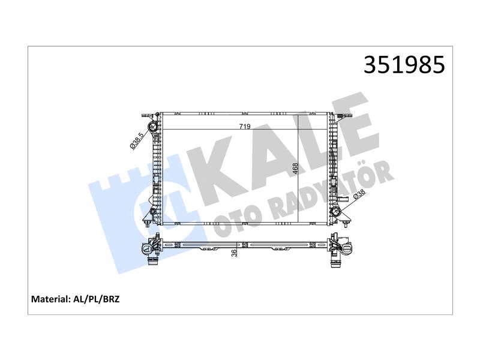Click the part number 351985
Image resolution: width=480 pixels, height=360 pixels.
coord(404,65)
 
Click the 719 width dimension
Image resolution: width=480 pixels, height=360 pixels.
coord(245,127)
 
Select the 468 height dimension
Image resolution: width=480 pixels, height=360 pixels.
coord(295,169)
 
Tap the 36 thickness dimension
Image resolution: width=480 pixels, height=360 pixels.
coord(234,253)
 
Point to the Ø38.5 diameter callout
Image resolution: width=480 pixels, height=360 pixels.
coord(137,141)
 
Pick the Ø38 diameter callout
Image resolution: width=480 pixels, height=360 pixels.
coord(359,195)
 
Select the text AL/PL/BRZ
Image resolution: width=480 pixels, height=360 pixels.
coord(97,299)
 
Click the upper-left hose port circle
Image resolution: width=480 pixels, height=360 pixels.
coord(152,126)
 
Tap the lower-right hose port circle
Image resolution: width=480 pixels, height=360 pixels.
coord(336,212)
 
